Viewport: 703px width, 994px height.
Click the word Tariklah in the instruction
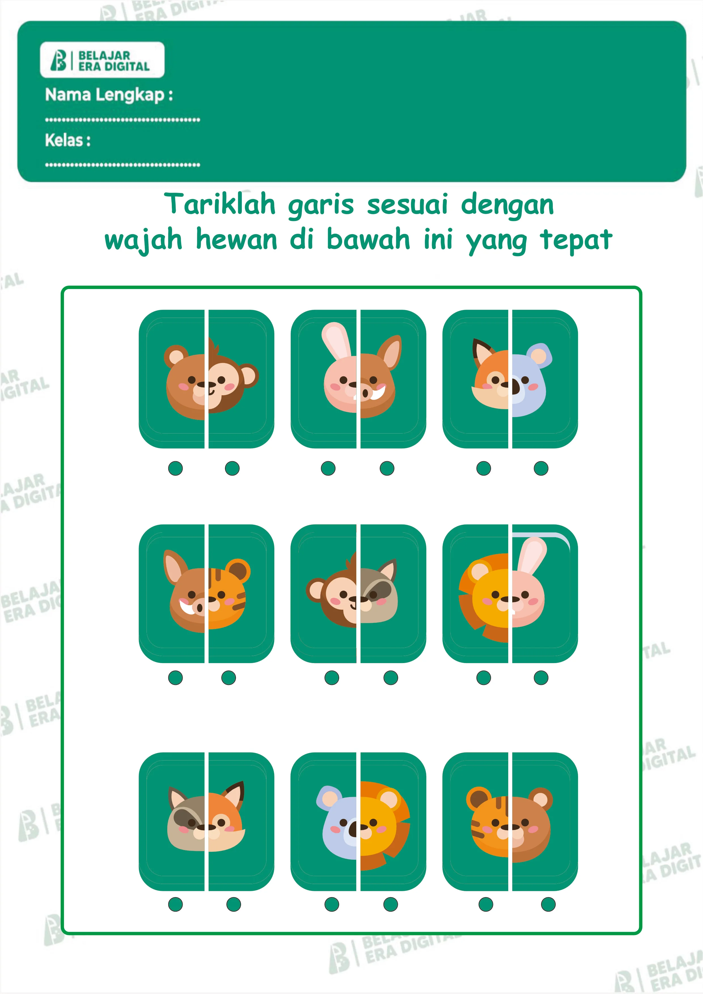220,204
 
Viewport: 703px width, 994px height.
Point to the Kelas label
67,140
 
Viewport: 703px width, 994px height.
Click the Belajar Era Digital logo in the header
102,60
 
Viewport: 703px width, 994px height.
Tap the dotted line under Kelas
122,165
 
